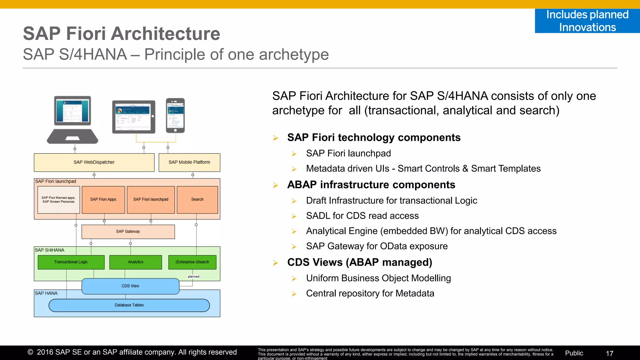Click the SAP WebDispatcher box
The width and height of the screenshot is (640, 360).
[94, 162]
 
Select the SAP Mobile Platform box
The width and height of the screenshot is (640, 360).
[189, 162]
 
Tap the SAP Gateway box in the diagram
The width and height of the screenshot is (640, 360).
[128, 232]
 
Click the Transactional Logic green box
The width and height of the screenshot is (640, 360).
[71, 262]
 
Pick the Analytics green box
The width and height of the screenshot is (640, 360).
[135, 262]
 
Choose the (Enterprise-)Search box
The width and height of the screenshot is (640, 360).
[192, 262]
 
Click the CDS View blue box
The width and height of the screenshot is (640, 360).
[130, 286]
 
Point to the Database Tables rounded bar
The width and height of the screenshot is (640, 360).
[129, 305]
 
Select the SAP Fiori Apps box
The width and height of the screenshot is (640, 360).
[103, 199]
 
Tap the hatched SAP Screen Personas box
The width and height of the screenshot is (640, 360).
[58, 200]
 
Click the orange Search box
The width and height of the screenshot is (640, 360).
[197, 199]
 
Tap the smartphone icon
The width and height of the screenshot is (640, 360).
[175, 115]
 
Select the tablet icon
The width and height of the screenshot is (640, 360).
[134, 117]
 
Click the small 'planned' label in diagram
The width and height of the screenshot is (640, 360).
[193, 277]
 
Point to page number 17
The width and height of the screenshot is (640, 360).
[609, 353]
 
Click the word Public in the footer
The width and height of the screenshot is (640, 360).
[574, 353]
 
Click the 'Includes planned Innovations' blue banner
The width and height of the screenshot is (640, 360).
[587, 21]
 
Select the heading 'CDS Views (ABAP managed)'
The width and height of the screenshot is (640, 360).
[359, 262]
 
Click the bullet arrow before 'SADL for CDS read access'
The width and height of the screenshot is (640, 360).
[294, 216]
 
